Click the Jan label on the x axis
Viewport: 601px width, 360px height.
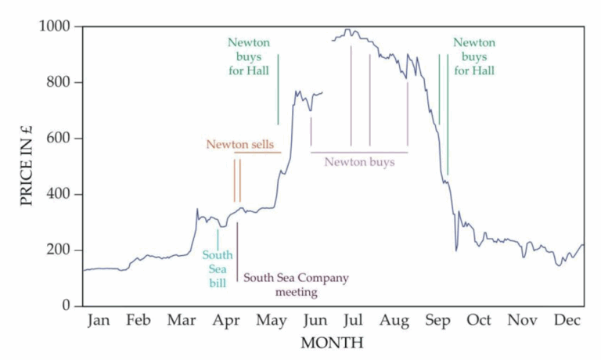99,320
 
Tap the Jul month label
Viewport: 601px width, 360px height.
353,320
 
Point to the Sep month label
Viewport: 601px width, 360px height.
438,320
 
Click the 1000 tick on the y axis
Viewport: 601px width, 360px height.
56,27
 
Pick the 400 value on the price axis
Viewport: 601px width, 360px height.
60,194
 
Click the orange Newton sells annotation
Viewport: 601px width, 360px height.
240,144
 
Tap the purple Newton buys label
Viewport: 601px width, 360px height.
359,163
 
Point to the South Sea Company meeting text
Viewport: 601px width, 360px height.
296,285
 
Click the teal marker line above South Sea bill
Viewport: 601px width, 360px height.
218,239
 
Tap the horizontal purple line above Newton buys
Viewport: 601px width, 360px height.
359,152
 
